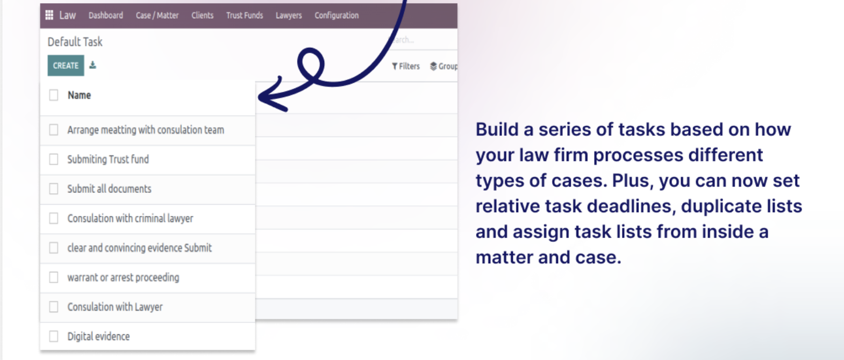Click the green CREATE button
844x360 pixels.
tap(66, 66)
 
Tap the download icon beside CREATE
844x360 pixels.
tap(92, 65)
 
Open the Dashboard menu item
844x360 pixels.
tap(105, 16)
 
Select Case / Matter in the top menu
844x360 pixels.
tap(157, 16)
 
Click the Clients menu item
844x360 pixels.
tap(202, 16)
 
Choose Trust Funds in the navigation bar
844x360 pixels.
tap(245, 16)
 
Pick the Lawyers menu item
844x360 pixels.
tap(289, 16)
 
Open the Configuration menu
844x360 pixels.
tap(337, 16)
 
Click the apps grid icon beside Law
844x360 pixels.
tap(49, 15)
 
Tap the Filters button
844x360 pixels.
tap(406, 66)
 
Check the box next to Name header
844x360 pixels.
tap(54, 95)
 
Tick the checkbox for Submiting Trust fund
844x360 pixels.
tap(54, 159)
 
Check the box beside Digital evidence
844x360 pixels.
tap(54, 336)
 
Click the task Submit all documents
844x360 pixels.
tap(109, 189)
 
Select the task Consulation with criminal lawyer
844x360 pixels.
tap(130, 218)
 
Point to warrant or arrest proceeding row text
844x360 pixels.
tap(123, 278)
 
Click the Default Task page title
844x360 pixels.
tap(75, 42)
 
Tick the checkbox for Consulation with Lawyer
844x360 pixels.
tap(54, 307)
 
